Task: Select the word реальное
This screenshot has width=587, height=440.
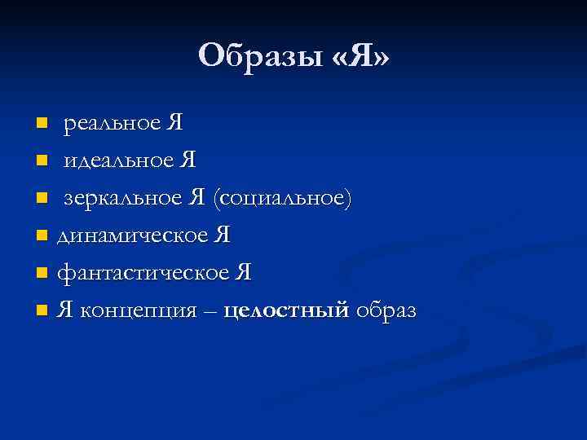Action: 112,124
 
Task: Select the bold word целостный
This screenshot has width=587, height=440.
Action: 286,311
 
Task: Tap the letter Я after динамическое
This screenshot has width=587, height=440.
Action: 222,235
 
